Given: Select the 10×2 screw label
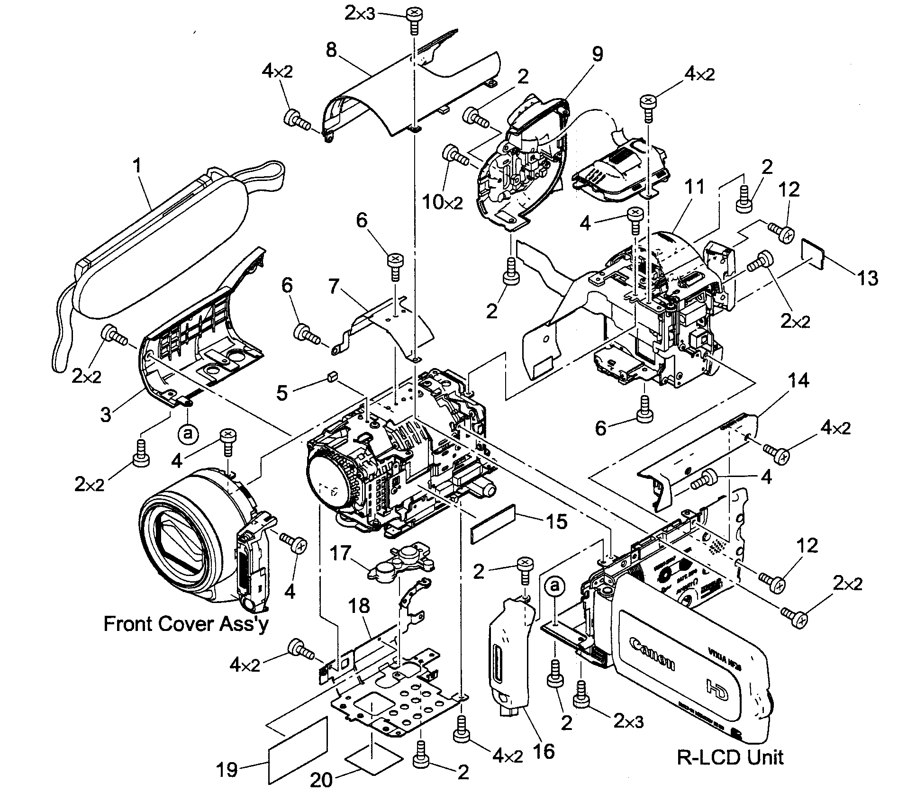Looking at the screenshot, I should [x=443, y=202].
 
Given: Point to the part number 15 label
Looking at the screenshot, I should [x=556, y=522].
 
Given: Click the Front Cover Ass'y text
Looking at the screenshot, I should [x=186, y=624].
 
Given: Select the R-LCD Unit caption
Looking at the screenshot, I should [x=730, y=757].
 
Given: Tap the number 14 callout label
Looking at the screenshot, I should [x=799, y=380].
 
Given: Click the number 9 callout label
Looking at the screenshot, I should [x=598, y=54].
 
